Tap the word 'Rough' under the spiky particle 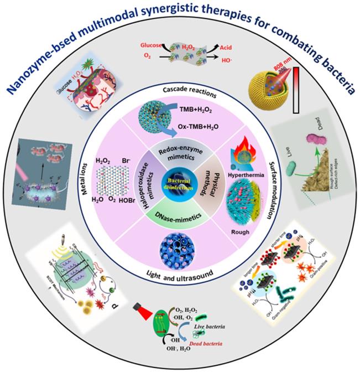pos(244,232)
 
